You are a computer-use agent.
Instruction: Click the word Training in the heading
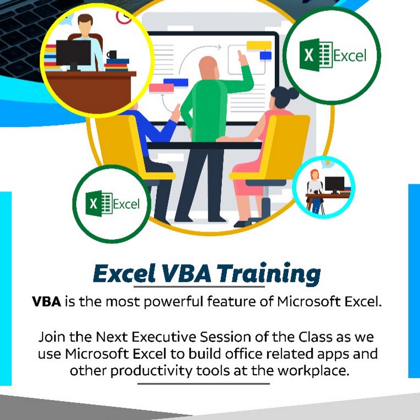[269, 274]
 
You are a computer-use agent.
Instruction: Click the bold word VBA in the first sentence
[47, 301]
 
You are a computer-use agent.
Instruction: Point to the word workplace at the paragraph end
[313, 371]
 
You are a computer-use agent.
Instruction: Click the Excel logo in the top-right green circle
[333, 55]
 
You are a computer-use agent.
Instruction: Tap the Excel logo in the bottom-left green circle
[112, 203]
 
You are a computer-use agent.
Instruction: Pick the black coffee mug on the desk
[112, 55]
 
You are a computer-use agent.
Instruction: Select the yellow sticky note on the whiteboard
[259, 46]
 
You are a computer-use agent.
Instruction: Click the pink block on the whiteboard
[161, 88]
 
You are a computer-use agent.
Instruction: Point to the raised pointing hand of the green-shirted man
[243, 58]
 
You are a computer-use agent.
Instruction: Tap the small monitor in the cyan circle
[335, 185]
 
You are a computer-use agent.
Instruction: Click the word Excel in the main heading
[124, 273]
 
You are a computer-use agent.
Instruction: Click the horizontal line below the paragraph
[203, 384]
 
